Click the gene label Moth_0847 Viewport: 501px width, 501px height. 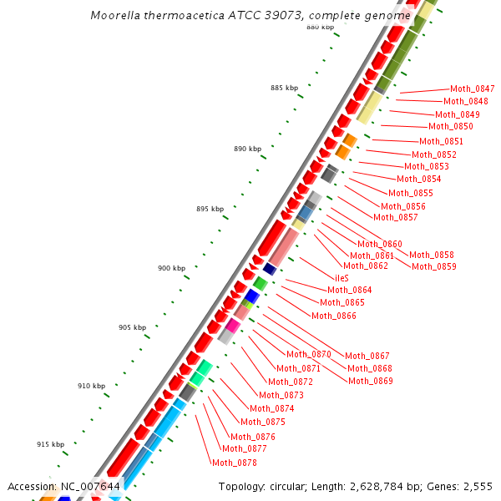[472, 89]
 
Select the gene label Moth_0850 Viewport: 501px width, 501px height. [451, 127]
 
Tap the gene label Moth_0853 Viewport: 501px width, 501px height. [427, 166]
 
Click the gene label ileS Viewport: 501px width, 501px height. [342, 277]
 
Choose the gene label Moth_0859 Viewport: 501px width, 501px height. [434, 266]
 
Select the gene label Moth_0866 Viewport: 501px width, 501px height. [334, 316]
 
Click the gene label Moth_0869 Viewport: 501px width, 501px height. [371, 381]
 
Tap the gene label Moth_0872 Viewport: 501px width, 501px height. [291, 382]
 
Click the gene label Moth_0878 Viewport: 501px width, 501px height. [235, 463]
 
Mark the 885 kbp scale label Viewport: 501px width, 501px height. [284, 88]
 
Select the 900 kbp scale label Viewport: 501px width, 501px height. [171, 268]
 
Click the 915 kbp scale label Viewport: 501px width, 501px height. [50, 444]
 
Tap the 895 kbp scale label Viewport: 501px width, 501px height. [210, 209]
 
